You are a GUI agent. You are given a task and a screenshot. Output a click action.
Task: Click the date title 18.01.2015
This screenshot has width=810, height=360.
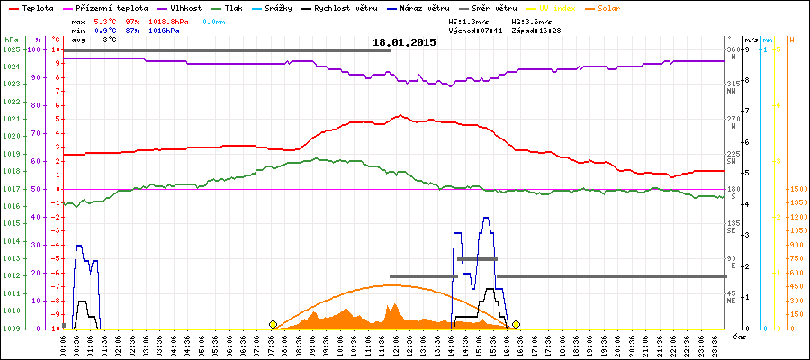[404, 42]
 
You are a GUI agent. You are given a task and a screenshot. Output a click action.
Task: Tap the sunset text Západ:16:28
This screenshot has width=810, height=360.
[536, 30]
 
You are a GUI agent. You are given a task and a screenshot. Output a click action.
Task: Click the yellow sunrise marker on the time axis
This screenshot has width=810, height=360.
[273, 324]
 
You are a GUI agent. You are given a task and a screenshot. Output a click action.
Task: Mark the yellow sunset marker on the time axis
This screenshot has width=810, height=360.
[516, 324]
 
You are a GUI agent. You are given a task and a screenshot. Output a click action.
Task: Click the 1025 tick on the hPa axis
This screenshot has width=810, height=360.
[11, 49]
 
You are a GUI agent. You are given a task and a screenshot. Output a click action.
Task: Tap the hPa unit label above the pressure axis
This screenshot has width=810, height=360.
[11, 40]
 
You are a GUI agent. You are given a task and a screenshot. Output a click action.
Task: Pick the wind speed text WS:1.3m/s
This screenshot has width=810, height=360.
[469, 20]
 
